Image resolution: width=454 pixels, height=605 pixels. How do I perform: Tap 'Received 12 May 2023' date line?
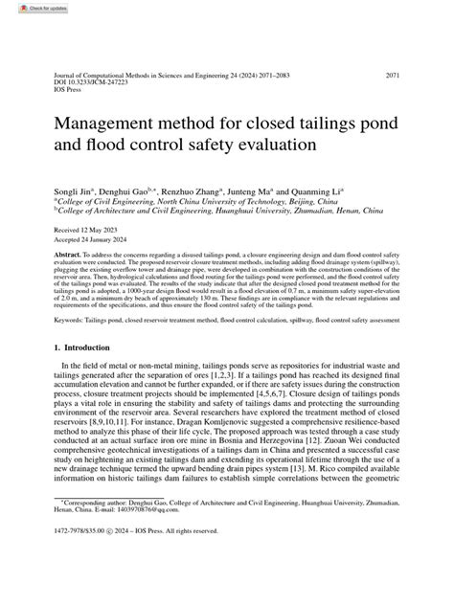[x=87, y=231]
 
